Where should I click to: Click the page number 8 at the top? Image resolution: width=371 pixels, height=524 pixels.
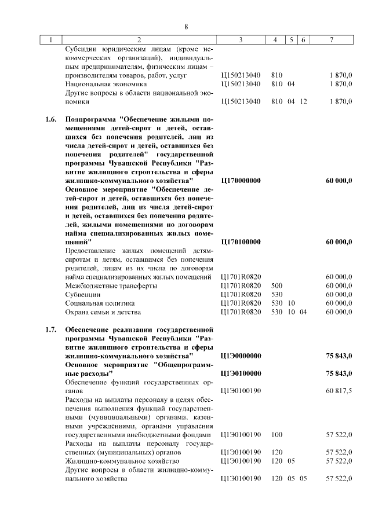185,27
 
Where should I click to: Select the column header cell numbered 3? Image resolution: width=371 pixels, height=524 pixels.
240,40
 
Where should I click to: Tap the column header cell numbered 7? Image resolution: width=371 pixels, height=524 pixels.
330,40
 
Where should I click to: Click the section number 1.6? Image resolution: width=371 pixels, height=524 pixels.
50,120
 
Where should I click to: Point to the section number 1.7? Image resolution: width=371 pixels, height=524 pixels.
50,331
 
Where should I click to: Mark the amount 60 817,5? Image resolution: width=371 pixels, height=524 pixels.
339,391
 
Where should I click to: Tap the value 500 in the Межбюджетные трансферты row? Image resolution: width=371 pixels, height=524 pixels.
277,285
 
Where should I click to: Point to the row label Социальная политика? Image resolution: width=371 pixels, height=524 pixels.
100,303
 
